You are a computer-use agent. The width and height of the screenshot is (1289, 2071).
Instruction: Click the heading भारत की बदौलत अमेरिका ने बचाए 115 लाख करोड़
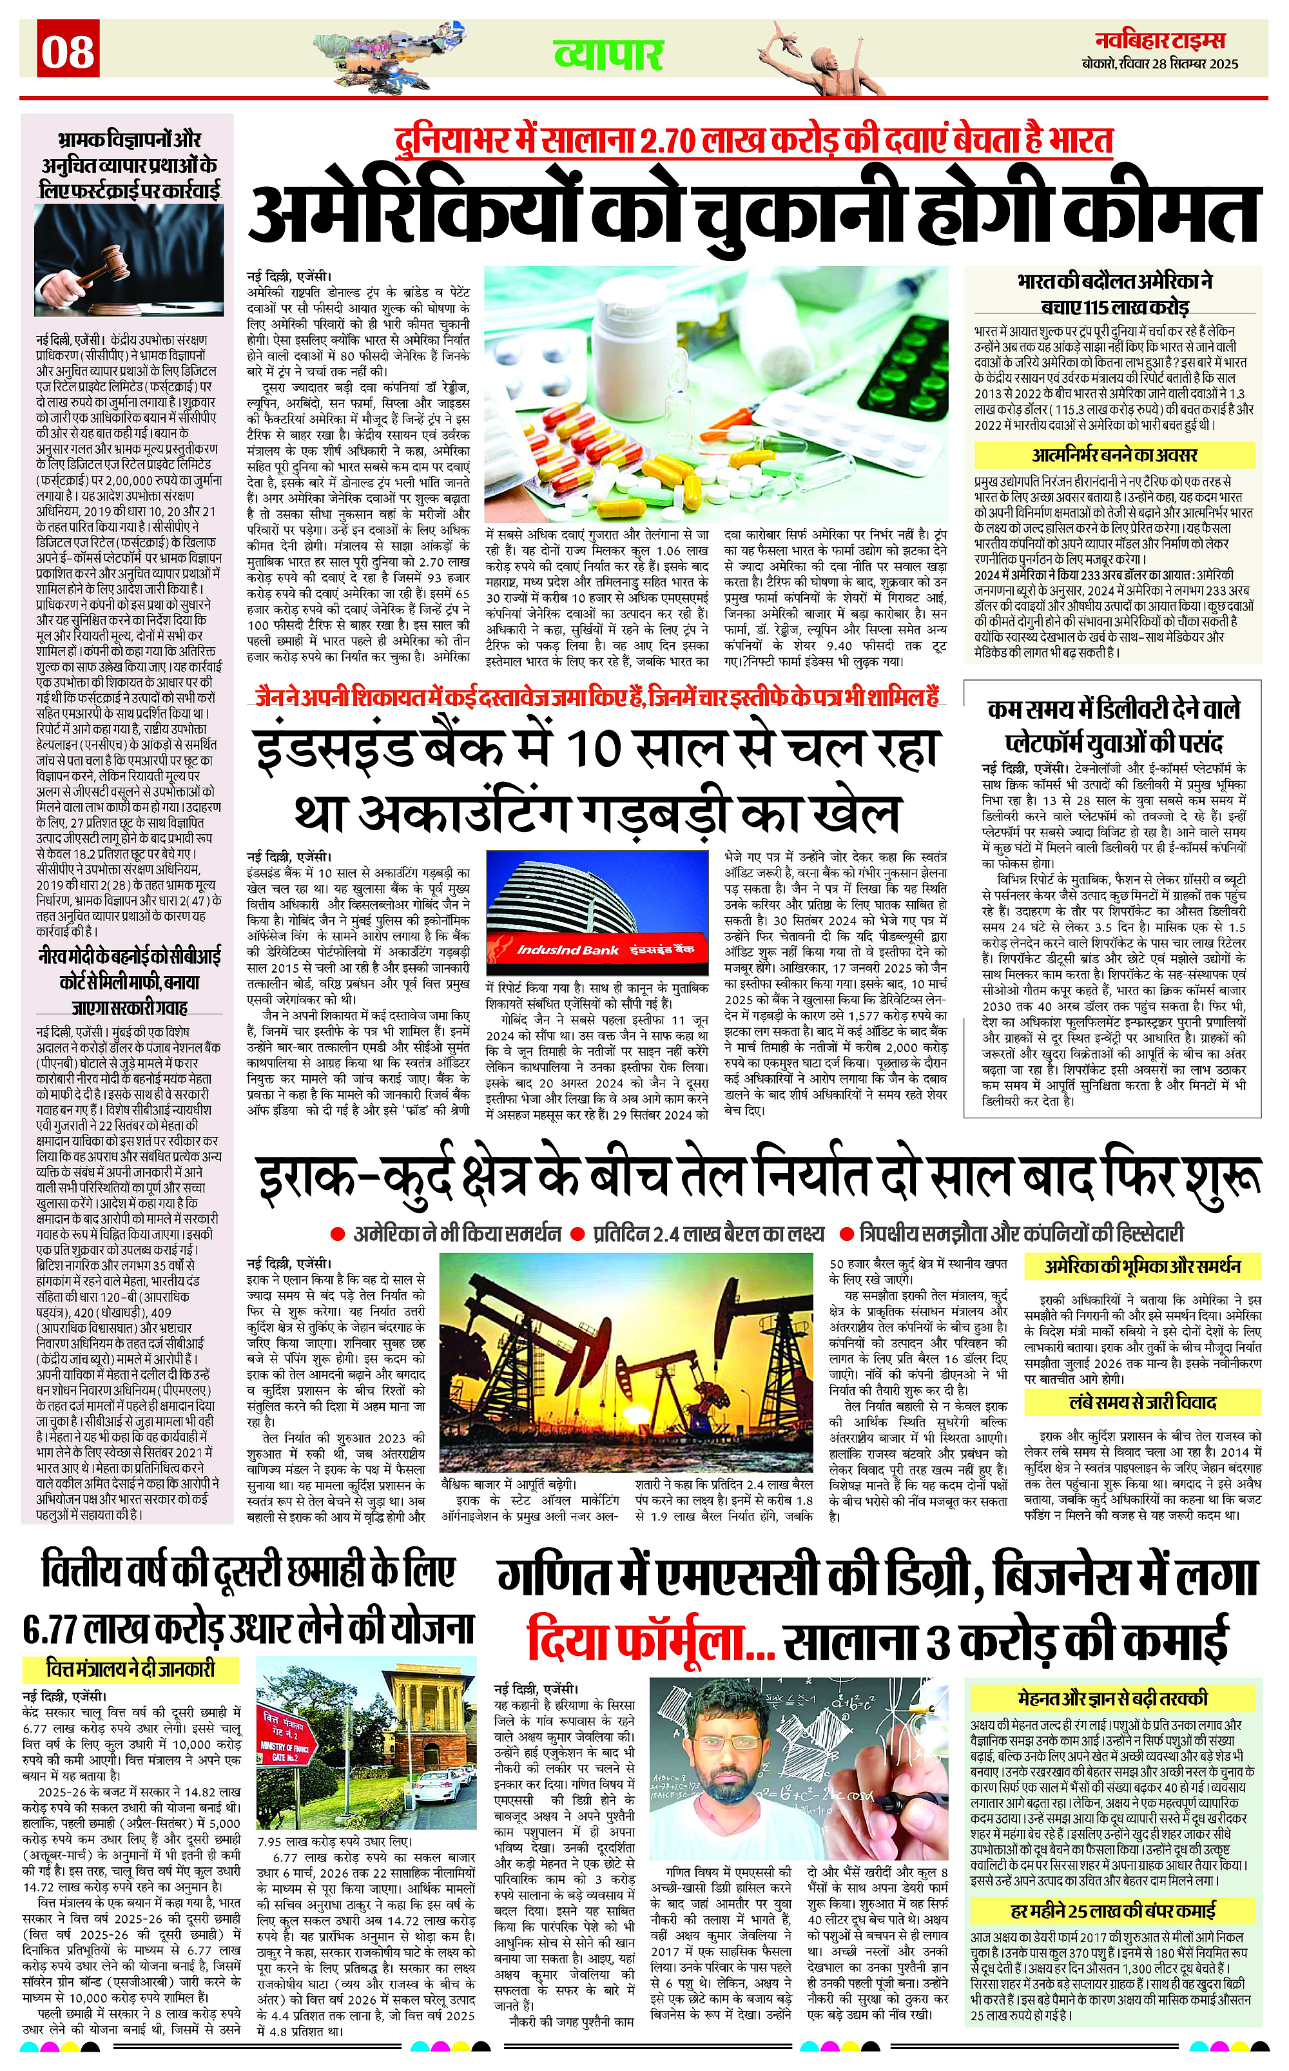(1114, 293)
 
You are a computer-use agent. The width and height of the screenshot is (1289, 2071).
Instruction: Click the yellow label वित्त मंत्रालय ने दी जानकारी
(130, 1669)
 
